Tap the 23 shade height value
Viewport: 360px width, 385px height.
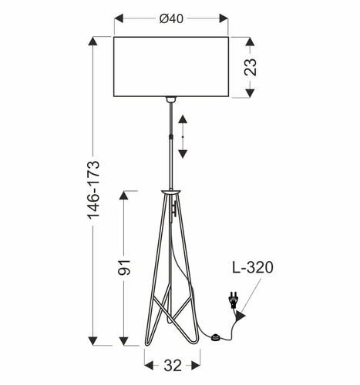click(251, 67)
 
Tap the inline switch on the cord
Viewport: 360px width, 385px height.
click(218, 336)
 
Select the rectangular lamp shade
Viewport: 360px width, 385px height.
click(171, 67)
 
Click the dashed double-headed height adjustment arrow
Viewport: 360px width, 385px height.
click(182, 136)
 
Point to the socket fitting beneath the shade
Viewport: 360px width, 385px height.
click(170, 100)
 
